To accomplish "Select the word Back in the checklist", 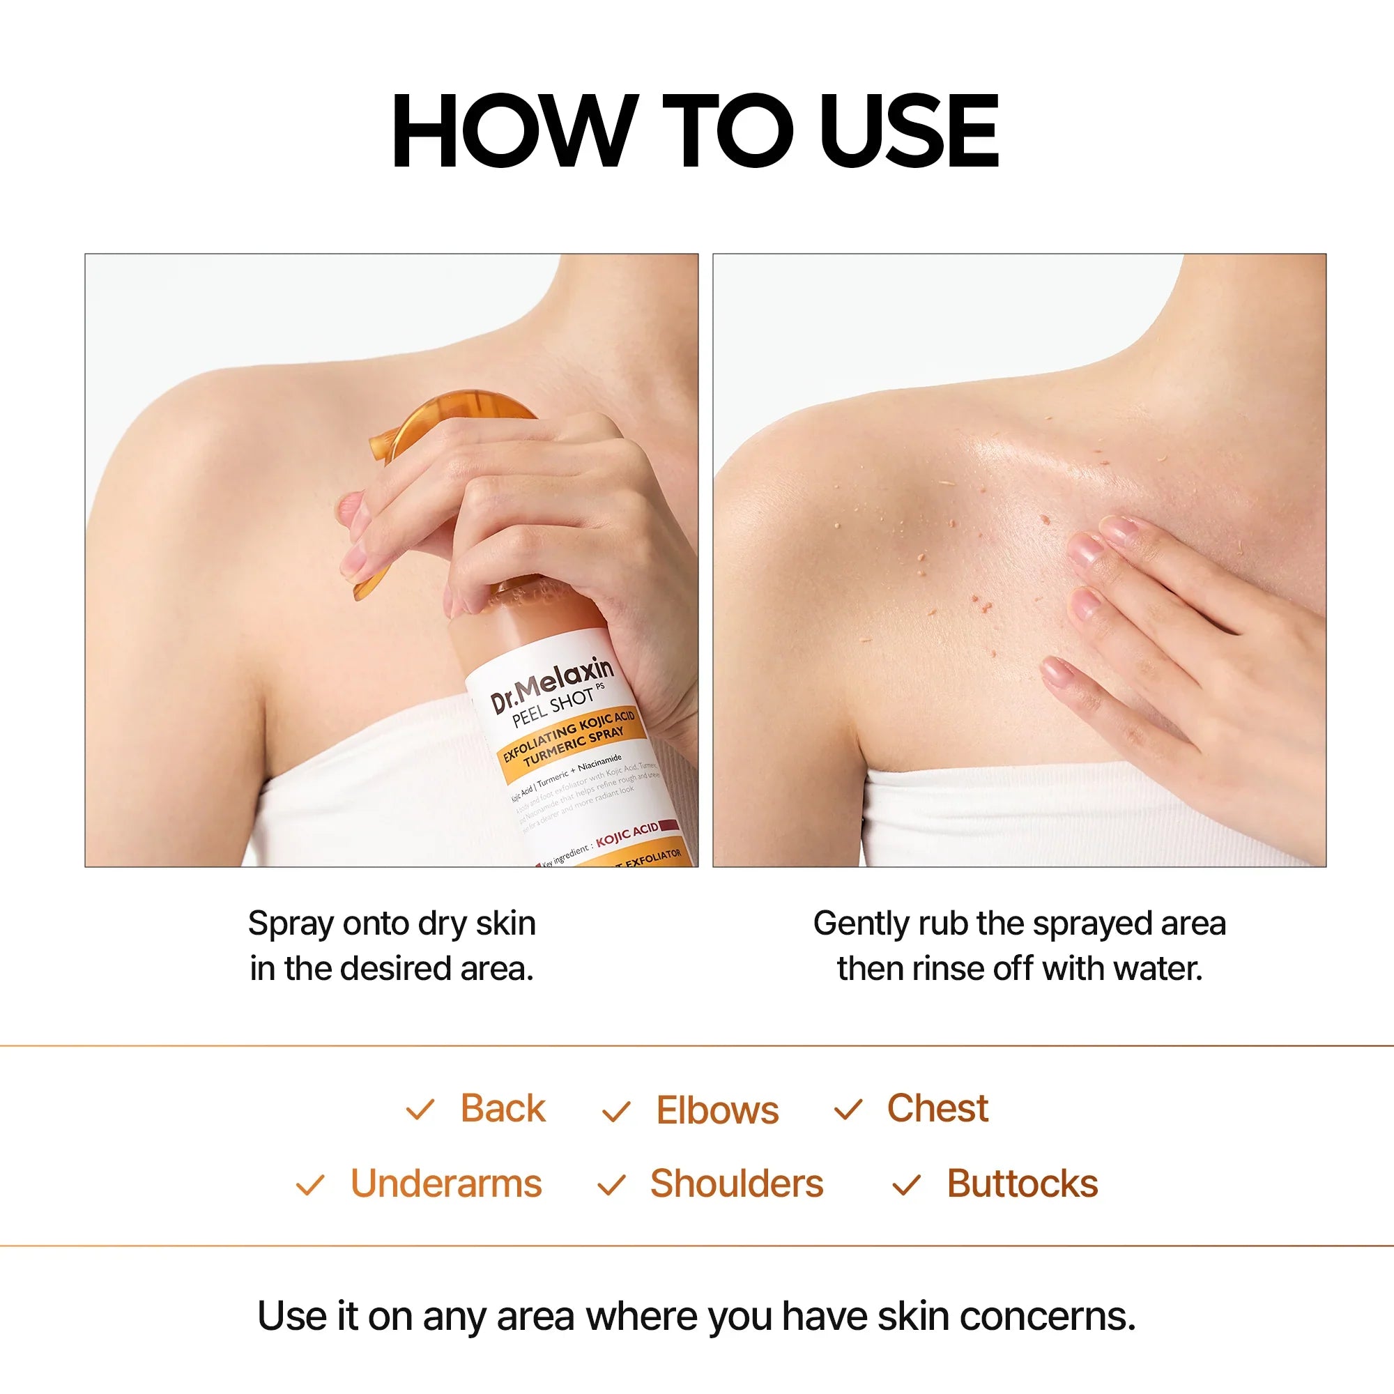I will (503, 1108).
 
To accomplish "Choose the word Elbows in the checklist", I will (717, 1110).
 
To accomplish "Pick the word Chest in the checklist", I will (937, 1108).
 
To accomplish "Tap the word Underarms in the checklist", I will (446, 1184).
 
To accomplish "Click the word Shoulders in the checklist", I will (737, 1184).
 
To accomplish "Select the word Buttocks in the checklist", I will (1022, 1184).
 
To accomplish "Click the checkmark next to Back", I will (420, 1110).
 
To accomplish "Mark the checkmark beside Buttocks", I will (906, 1186).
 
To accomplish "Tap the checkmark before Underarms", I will (310, 1186).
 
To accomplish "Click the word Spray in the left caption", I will (291, 924).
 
